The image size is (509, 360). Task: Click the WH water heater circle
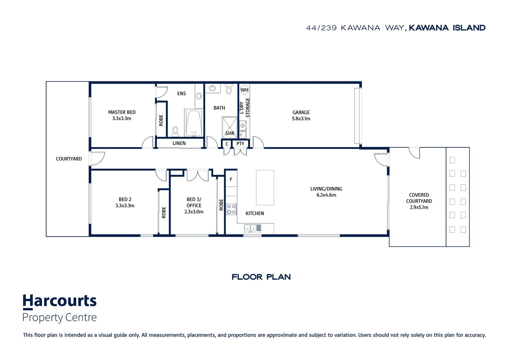coord(244,90)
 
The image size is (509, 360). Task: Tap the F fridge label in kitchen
coord(231,179)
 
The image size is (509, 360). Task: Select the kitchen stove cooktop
coord(231,209)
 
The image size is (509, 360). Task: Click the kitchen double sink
coord(253,228)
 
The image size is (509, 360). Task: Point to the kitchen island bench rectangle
coord(265,188)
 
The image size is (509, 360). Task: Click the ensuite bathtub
coord(194,123)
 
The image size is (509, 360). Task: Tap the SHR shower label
coord(230,133)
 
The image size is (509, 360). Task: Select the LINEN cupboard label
coord(179,143)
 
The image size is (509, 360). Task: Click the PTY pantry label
coord(240,144)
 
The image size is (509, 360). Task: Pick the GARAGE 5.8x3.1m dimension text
coord(301,118)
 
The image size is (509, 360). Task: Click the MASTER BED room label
coord(122,112)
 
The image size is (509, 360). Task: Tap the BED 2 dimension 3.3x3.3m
coord(125,206)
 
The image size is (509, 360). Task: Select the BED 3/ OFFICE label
coord(194,202)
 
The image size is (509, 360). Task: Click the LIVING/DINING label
coord(326,189)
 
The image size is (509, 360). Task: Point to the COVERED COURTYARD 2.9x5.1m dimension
coord(419,207)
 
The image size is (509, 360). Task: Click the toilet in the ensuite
coord(175,131)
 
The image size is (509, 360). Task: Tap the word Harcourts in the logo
coord(60,301)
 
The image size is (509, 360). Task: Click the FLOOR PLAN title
coord(261,277)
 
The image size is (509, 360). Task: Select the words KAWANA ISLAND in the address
coord(447,28)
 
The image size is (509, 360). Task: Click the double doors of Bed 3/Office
coord(198,176)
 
